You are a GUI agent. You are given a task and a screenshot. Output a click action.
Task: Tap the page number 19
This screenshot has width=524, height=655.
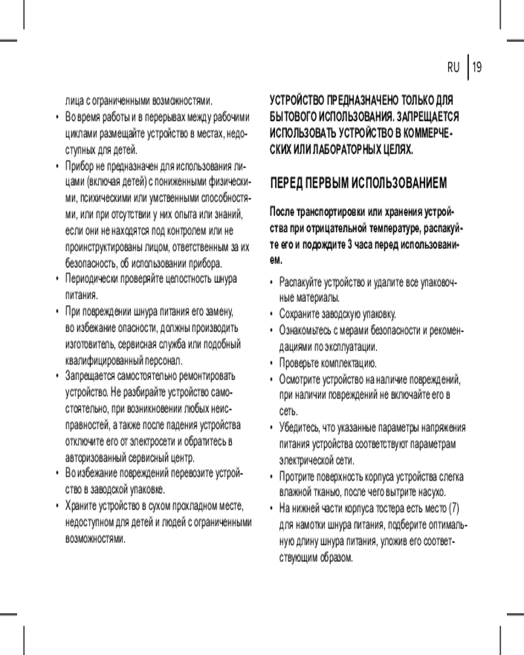point(477,67)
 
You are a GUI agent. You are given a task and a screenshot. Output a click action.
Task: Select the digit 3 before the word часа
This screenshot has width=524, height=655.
point(348,244)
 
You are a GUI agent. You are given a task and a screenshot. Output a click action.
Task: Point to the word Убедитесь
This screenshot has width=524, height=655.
point(299,428)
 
